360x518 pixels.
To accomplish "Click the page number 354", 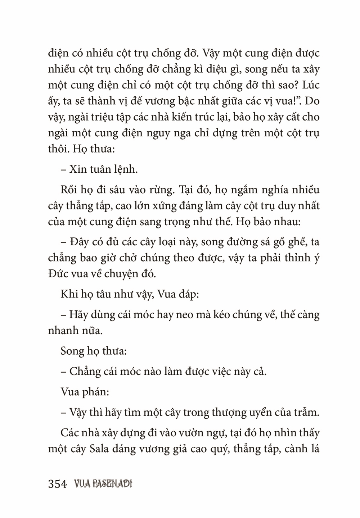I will pos(58,484).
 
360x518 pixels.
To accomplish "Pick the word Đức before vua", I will pos(58,274).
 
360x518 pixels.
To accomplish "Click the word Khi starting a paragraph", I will pos(69,295).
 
